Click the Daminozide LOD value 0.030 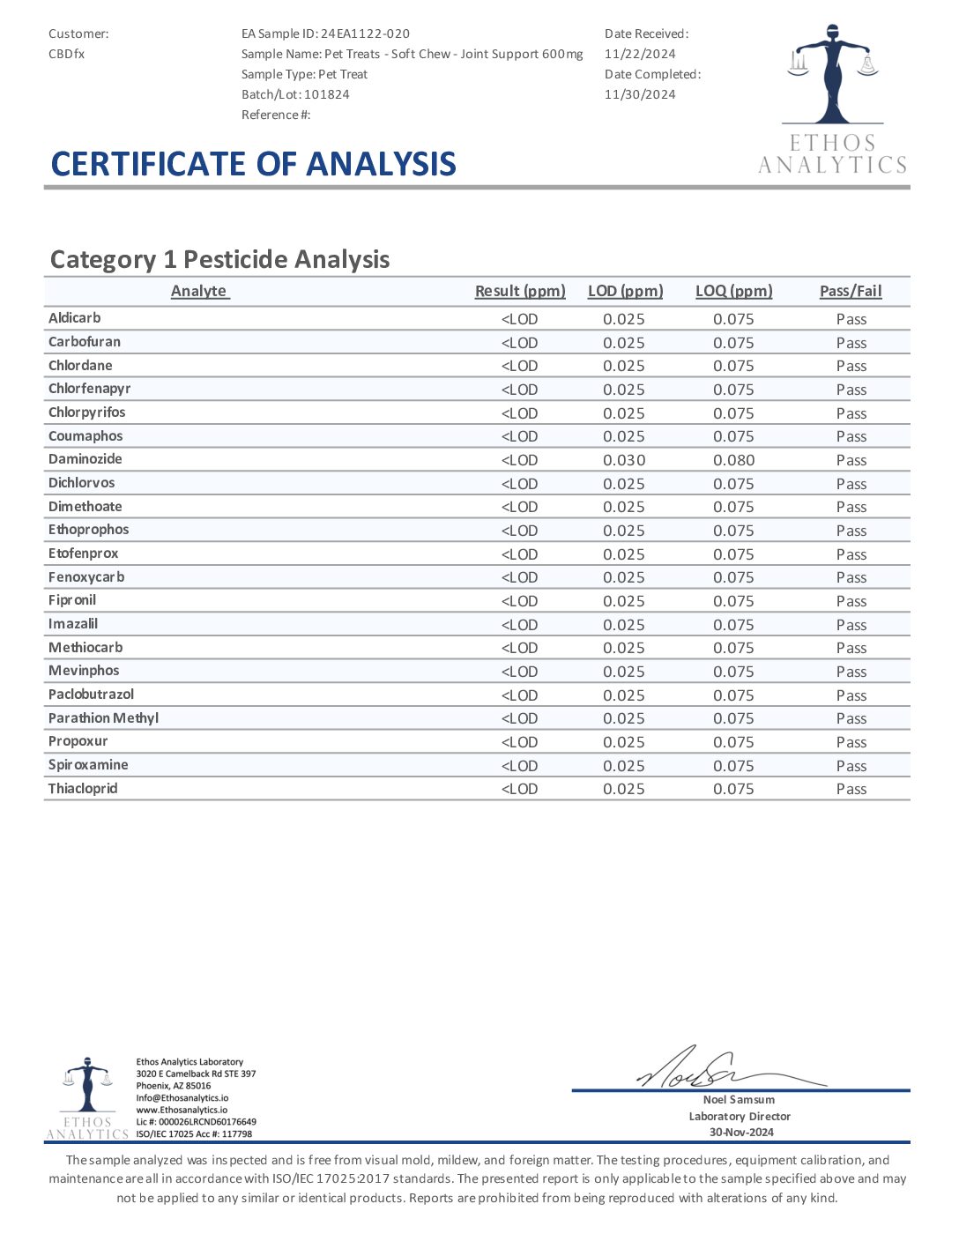coord(624,460)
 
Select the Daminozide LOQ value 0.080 coord(733,460)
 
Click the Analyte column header coord(199,291)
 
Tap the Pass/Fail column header coord(851,291)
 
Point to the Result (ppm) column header coord(520,291)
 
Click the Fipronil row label coord(72,600)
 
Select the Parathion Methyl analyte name coord(103,718)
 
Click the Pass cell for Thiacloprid coord(851,789)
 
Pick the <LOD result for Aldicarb coord(519,319)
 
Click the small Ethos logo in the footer coord(87,1098)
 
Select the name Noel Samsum coord(740,1100)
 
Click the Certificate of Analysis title coord(254,164)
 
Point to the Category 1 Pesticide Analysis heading coord(220,259)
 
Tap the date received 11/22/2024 coord(640,54)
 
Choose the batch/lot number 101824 coord(327,94)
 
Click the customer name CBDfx coord(66,54)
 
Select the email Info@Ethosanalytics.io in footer coord(182,1098)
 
